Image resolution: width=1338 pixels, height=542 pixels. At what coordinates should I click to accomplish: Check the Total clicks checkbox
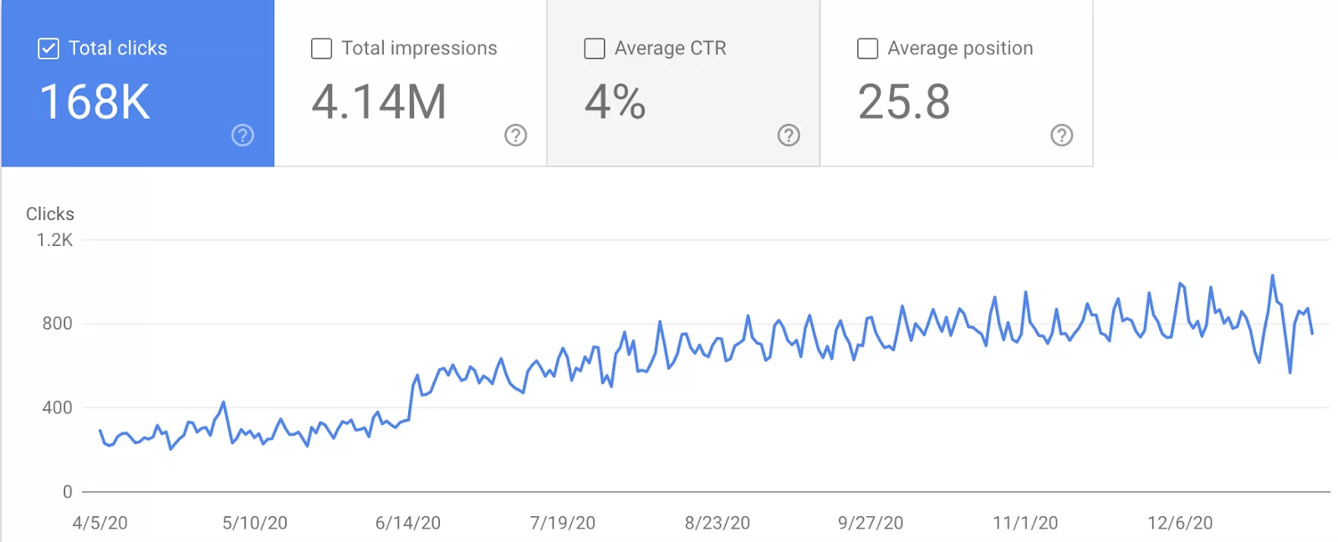(x=49, y=49)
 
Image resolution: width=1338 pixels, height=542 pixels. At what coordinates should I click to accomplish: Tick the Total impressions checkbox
(x=321, y=49)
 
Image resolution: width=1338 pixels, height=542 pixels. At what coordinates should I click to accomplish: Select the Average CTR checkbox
(x=595, y=49)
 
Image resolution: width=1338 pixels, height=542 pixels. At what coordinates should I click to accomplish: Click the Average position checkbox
(x=868, y=49)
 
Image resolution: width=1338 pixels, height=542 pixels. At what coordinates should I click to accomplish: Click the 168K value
(x=95, y=102)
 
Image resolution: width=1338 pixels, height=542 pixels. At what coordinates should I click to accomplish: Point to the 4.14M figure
(x=379, y=102)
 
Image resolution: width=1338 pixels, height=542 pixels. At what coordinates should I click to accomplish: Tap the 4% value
(x=615, y=102)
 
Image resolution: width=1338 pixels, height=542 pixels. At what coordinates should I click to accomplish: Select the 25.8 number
(x=904, y=102)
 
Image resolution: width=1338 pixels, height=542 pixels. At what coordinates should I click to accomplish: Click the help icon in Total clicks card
(x=243, y=135)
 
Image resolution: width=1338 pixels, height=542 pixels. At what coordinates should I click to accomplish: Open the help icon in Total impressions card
(x=516, y=135)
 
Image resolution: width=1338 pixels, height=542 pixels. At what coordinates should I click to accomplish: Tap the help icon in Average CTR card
(x=789, y=135)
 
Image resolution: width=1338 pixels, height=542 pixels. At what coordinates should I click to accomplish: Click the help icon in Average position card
(x=1062, y=135)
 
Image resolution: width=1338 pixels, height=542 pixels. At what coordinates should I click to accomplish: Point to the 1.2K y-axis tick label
(x=55, y=240)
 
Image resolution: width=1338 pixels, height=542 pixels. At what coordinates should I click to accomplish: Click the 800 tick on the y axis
(x=58, y=324)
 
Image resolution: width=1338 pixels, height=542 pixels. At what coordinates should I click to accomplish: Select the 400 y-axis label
(x=58, y=407)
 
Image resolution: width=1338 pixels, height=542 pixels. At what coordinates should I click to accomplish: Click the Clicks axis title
(x=50, y=214)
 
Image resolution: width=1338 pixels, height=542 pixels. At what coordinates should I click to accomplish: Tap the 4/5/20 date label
(x=100, y=523)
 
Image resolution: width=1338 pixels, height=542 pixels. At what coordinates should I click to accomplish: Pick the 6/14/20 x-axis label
(x=408, y=523)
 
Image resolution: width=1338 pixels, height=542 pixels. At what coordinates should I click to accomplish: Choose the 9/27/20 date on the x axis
(x=871, y=523)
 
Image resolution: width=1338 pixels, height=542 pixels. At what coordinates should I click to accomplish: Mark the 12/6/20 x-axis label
(x=1180, y=523)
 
